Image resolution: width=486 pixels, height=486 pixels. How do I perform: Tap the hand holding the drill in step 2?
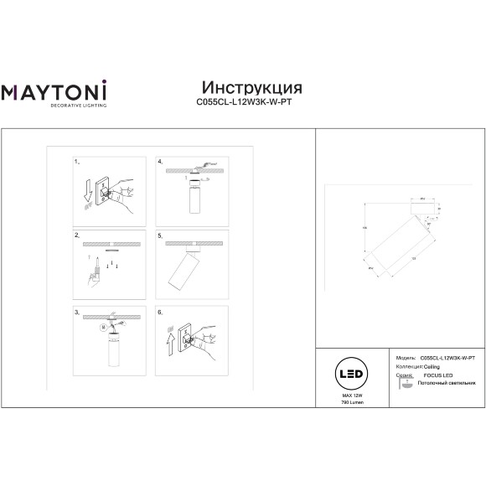95,276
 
